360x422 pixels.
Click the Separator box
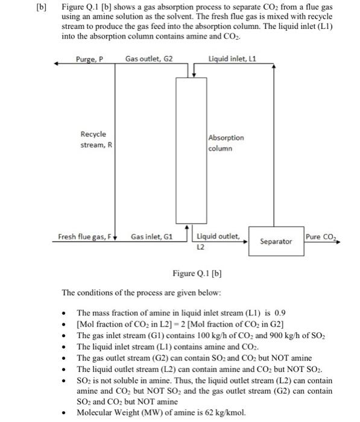pyautogui.click(x=275, y=241)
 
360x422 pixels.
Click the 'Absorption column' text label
pyautogui.click(x=226, y=143)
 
